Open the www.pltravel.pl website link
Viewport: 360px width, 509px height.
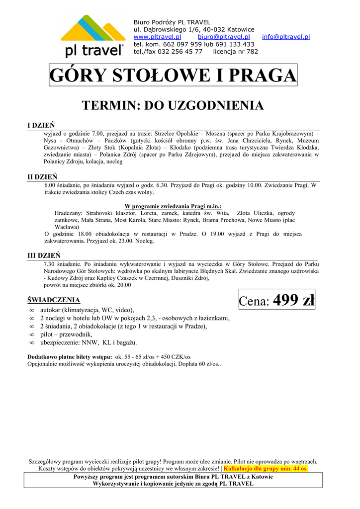(157, 37)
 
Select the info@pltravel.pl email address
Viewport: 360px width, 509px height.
(287, 37)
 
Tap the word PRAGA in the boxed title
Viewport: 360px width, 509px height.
(262, 76)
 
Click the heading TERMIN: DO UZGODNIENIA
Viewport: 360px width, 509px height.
(173, 105)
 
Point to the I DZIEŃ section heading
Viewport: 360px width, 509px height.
(41, 125)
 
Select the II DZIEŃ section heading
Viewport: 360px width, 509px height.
(42, 177)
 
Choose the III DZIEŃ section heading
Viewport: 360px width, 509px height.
(43, 255)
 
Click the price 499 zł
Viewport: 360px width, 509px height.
(294, 300)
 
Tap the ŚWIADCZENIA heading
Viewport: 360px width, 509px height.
(53, 300)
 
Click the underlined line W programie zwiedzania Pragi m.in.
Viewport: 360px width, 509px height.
(173, 206)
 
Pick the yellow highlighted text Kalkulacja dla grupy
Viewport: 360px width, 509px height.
(266, 468)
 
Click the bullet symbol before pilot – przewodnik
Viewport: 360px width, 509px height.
(31, 335)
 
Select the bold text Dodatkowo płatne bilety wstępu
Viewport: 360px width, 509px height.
(70, 357)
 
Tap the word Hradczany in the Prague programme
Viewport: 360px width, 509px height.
(69, 213)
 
